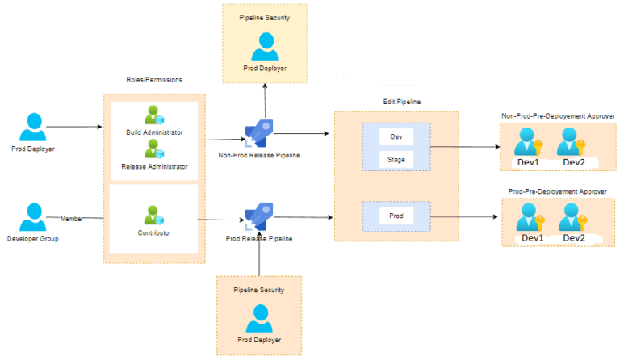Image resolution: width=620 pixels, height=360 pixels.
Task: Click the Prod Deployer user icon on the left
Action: [33, 127]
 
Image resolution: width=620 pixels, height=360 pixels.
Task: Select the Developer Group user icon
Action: [33, 217]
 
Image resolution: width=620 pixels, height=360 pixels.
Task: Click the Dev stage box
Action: [396, 136]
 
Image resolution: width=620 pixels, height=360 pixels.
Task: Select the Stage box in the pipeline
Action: [396, 160]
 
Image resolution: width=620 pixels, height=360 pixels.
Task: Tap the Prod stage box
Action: [396, 216]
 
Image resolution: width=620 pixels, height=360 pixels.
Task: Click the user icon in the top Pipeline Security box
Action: [265, 47]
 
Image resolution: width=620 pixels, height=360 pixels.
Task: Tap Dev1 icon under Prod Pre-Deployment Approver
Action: [529, 217]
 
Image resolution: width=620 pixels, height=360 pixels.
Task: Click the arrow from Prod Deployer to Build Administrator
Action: [77, 128]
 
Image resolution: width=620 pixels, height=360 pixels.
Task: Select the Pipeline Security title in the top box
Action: [265, 16]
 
